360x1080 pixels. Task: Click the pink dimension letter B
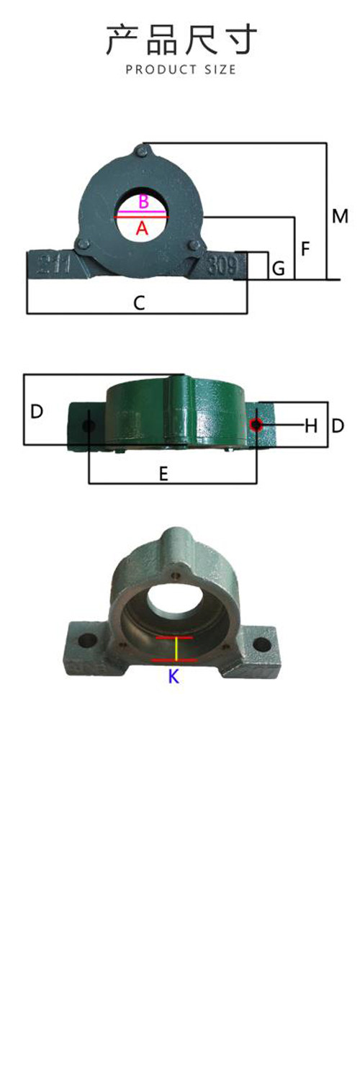point(143,202)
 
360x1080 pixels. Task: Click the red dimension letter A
point(142,228)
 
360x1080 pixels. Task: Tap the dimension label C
point(139,303)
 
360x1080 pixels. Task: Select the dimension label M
point(340,216)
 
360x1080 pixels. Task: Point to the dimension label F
point(305,249)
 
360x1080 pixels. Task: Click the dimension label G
point(279,268)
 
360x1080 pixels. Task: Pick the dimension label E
point(164,474)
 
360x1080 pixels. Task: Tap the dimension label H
point(311,426)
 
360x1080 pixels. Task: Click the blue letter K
point(174,677)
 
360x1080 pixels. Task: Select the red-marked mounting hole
point(256,425)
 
